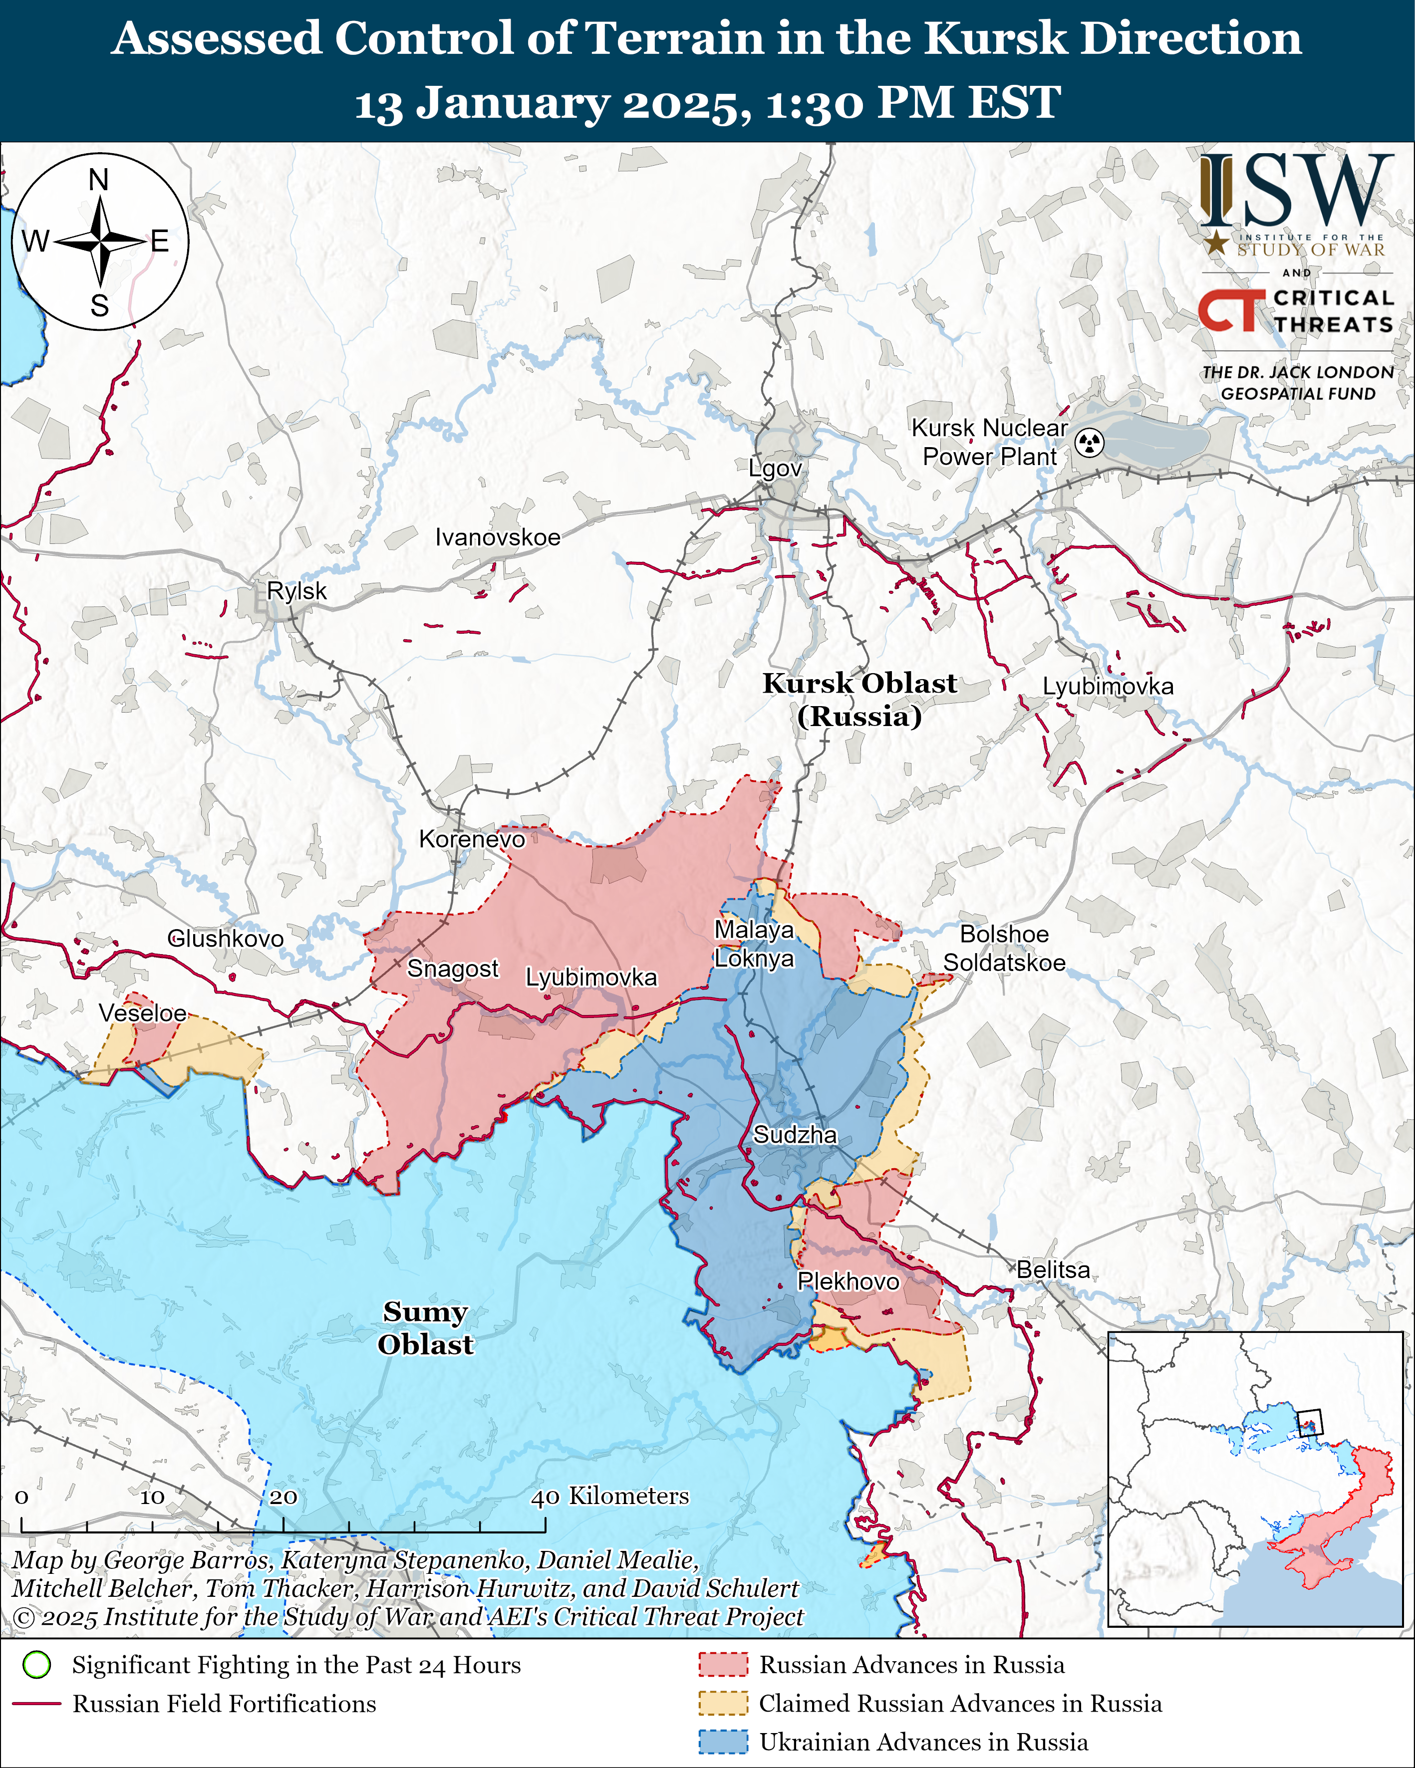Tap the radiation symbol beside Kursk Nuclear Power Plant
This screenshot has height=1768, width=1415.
pyautogui.click(x=1090, y=443)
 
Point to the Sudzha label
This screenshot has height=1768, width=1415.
pyautogui.click(x=795, y=1135)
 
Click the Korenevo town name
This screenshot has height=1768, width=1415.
pyautogui.click(x=472, y=839)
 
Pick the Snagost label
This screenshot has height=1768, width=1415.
pyautogui.click(x=453, y=969)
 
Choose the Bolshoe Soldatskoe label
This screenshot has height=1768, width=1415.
pyautogui.click(x=1004, y=948)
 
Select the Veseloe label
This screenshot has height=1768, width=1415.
pyautogui.click(x=143, y=1013)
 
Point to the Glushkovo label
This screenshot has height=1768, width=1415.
pyautogui.click(x=226, y=938)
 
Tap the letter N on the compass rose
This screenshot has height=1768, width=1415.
pyautogui.click(x=98, y=180)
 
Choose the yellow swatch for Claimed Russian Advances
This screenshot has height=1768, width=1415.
pyautogui.click(x=723, y=1703)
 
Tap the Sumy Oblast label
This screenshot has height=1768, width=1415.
pyautogui.click(x=425, y=1328)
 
